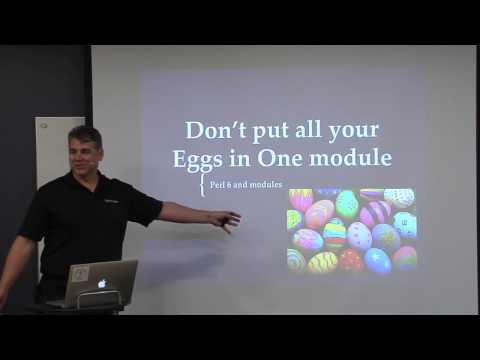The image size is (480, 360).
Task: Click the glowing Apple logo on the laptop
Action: [101, 283]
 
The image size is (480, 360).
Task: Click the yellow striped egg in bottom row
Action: [322, 263]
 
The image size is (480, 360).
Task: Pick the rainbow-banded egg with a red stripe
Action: [334, 234]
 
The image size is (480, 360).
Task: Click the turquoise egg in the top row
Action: [347, 203]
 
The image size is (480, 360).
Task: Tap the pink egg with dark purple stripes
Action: [375, 212]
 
